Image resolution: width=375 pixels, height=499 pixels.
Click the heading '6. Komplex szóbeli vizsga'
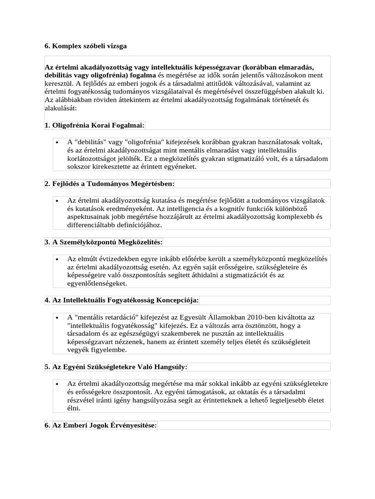(85, 46)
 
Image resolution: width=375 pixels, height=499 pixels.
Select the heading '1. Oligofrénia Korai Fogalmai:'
(94, 125)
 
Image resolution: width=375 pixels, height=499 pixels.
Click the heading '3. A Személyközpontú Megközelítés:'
(104, 242)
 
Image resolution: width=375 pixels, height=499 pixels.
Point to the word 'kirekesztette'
(116, 167)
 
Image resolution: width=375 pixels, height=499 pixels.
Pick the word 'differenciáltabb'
(91, 225)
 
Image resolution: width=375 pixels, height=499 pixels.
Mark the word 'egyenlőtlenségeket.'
(97, 283)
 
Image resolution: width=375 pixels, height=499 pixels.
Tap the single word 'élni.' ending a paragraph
(74, 408)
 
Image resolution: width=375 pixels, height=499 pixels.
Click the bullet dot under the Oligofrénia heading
(58, 142)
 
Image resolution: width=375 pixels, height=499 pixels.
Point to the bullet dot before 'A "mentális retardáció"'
(58, 318)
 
